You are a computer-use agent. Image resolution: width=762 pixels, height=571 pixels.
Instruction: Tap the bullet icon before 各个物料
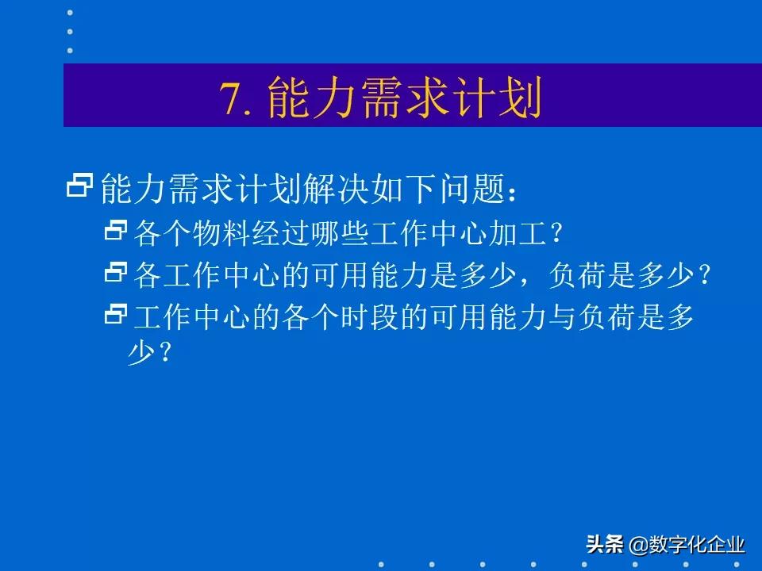116,232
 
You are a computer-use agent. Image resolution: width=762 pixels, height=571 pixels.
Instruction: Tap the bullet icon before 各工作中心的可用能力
116,274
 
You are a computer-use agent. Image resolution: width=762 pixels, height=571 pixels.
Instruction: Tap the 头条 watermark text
605,545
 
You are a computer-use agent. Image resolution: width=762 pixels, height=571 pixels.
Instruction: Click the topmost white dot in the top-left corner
70,13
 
